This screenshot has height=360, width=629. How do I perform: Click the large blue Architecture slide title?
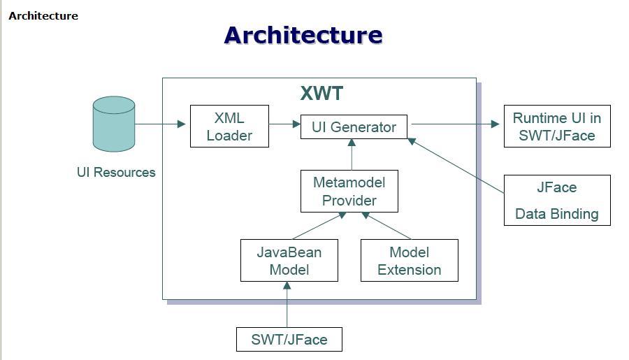point(303,35)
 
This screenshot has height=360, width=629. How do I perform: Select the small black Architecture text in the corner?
point(43,15)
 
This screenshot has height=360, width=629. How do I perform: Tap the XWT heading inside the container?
point(321,94)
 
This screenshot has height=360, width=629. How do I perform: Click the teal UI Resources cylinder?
point(114,124)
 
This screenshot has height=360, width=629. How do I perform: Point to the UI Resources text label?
point(116,172)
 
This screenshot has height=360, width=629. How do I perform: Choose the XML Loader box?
point(229,127)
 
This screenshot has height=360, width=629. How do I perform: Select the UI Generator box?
point(354,127)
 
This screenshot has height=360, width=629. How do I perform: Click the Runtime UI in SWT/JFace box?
point(557,127)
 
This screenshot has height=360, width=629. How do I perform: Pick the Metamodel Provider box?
point(349,191)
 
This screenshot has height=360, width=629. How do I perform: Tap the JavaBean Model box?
point(289,261)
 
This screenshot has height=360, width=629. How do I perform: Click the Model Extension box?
point(409,261)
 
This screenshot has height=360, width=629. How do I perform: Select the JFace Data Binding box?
point(557,200)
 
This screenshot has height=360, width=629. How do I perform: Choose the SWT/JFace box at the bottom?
point(289,339)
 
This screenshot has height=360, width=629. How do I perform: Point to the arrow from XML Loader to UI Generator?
point(285,124)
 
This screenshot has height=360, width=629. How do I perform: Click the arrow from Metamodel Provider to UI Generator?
point(352,154)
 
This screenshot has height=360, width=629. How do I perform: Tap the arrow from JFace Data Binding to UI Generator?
point(458,166)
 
